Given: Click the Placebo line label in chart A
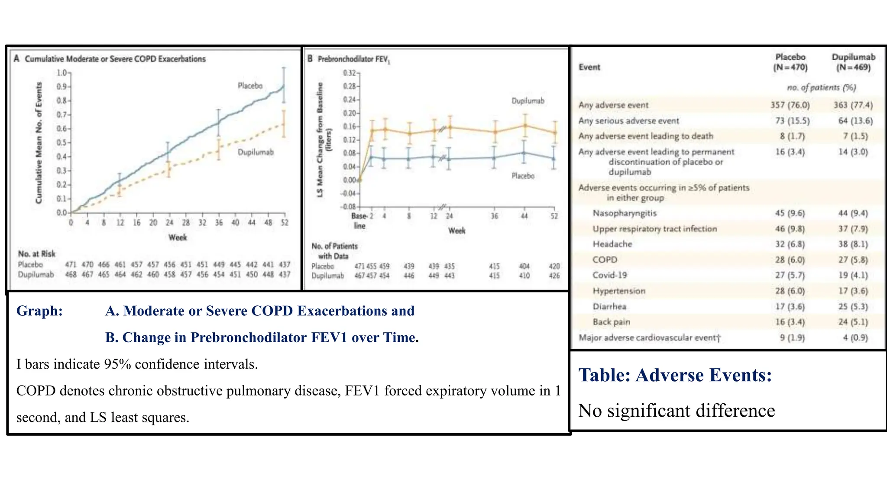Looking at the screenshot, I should [x=250, y=86].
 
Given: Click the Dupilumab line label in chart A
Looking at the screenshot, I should [x=256, y=152].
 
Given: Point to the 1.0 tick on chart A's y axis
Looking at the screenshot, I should [x=62, y=72].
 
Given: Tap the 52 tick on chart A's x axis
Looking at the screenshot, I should [x=284, y=222].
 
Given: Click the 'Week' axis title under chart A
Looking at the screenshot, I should [x=178, y=237].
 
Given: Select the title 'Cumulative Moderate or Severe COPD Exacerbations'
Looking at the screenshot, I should [x=115, y=58].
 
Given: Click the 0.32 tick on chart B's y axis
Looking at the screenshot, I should [x=350, y=73].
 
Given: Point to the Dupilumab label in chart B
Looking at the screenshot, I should [x=528, y=100].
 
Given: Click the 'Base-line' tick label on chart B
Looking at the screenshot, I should [x=359, y=220].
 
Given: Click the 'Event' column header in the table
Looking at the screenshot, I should [x=589, y=67].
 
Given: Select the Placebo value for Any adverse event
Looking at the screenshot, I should [x=790, y=105].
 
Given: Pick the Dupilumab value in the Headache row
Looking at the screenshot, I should [x=853, y=244].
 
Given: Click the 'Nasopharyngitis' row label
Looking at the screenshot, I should [x=624, y=213].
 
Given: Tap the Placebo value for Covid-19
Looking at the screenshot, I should [x=790, y=275].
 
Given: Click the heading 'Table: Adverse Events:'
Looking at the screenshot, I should [x=675, y=375].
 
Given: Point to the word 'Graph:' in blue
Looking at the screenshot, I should [x=39, y=311].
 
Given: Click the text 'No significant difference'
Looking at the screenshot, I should [x=676, y=410].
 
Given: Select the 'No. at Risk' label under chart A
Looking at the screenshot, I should [x=36, y=253].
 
